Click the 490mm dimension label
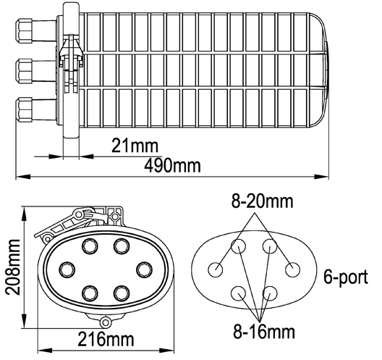[172, 166]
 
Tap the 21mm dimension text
[135, 146]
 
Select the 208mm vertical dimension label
[13, 267]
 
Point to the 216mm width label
[106, 339]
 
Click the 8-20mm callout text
[262, 201]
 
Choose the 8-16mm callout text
[264, 332]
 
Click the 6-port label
[346, 277]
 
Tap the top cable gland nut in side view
[24, 30]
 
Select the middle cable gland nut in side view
[24, 71]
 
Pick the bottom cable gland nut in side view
[24, 110]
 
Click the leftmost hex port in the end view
[67, 269]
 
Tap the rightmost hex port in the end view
[145, 269]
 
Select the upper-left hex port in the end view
[90, 246]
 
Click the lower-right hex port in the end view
[122, 293]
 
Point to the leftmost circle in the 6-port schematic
[216, 269]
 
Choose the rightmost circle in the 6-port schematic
[292, 269]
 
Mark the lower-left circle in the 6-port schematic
[238, 293]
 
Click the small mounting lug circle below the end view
[106, 322]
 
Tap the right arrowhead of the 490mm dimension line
[321, 176]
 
